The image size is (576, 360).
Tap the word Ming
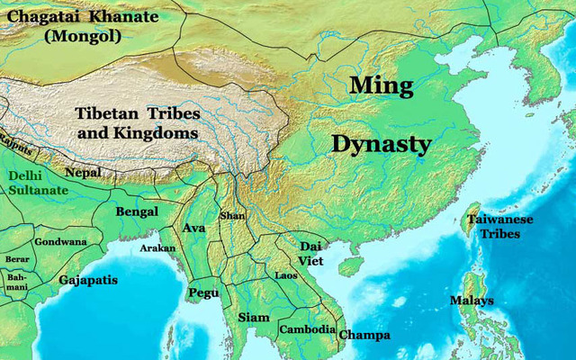[x=381, y=86]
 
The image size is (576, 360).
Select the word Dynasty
[x=382, y=143]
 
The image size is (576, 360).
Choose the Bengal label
[x=137, y=211]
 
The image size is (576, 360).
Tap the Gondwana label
[x=61, y=241]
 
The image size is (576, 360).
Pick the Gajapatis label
[x=88, y=280]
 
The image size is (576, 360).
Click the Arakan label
[x=157, y=247]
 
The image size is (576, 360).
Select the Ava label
[x=195, y=228]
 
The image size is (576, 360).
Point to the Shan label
[x=232, y=217]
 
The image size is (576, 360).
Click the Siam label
[x=253, y=318]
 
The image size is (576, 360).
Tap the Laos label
[x=286, y=274]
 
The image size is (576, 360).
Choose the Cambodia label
[x=306, y=329]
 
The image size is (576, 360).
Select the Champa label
[x=364, y=335]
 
